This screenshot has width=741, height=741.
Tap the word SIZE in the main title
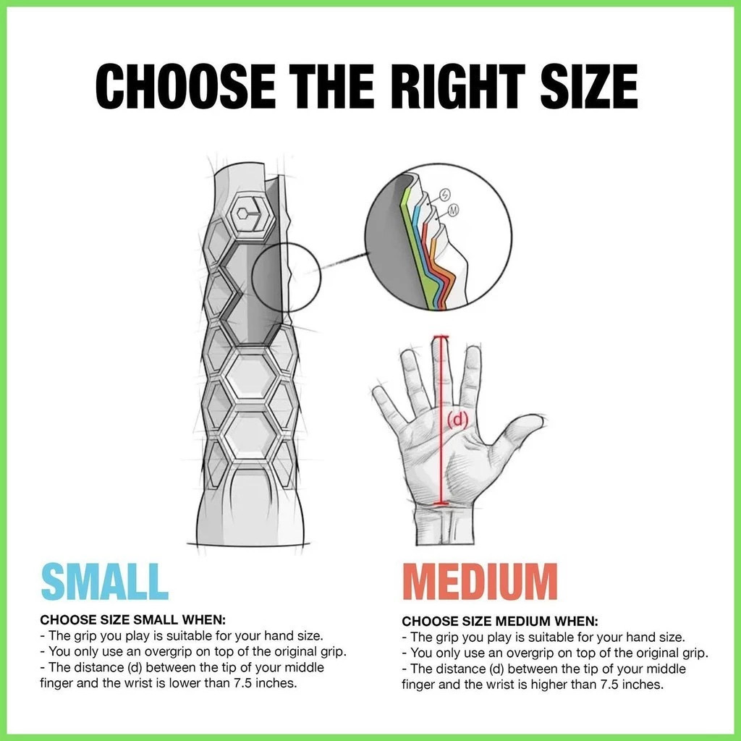click(589, 87)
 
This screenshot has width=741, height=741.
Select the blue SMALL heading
click(104, 581)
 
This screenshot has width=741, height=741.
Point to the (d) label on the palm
click(457, 419)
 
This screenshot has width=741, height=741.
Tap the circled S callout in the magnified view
click(445, 194)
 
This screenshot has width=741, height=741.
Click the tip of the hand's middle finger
click(441, 337)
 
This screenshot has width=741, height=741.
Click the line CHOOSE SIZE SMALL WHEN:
click(133, 619)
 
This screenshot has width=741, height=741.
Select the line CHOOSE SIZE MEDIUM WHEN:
click(500, 621)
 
